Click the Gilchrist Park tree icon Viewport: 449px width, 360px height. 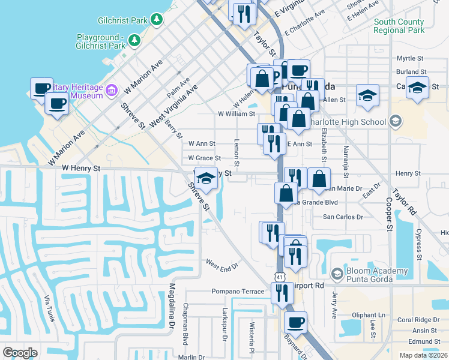click(157, 20)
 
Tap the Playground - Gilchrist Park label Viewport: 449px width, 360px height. click(101, 41)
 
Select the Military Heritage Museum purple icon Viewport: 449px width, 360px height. click(111, 91)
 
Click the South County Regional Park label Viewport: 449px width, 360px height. click(399, 26)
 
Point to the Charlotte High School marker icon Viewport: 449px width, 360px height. click(395, 122)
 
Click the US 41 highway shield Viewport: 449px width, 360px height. click(280, 275)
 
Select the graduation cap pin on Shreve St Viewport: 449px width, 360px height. click(206, 178)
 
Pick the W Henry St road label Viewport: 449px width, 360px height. click(81, 169)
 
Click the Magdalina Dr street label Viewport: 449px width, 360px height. click(172, 307)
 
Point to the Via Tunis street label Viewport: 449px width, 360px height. click(50, 308)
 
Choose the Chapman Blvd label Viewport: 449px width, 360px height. click(185, 324)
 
